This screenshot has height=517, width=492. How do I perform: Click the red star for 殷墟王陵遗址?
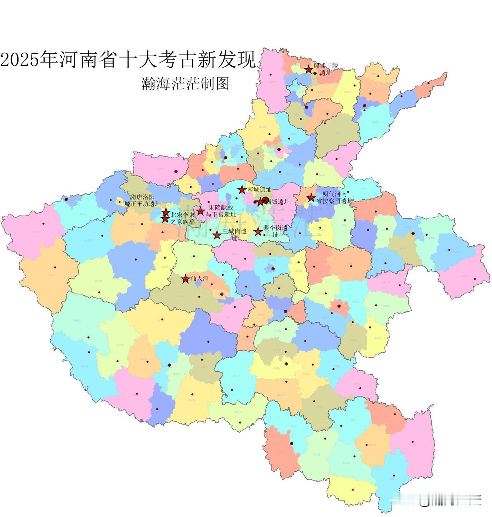pos(308,69)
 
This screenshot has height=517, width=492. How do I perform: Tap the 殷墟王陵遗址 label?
pos(325,69)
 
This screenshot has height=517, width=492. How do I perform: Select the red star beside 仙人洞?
pos(186,279)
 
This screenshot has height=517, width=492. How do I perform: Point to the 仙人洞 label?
pos(199,279)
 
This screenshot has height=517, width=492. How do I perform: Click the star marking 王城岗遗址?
pos(217,235)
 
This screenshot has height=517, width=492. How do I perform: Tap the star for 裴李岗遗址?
pos(258,231)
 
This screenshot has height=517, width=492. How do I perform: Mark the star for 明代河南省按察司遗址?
pos(311,198)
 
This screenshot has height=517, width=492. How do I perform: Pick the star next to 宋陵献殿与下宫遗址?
pos(200,211)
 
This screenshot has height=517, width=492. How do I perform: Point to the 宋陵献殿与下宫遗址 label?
pos(219,211)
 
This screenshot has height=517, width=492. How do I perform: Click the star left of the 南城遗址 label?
pos(242,190)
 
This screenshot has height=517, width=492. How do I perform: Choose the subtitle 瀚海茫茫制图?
pos(185,83)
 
